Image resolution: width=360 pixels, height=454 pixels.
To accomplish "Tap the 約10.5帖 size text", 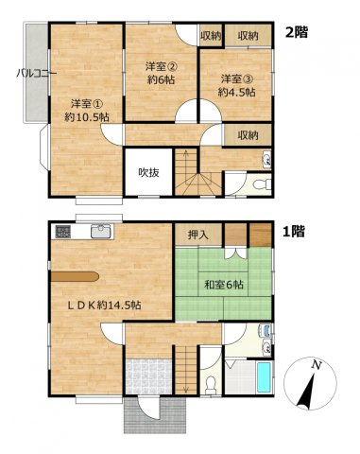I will [x=85, y=118].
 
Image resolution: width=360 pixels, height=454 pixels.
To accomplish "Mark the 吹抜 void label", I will [x=149, y=172].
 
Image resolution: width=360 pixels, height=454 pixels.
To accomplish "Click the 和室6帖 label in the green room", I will [x=221, y=283].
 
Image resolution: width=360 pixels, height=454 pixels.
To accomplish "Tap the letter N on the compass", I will [x=317, y=364].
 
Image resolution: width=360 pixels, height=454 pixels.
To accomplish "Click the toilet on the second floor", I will [x=265, y=183].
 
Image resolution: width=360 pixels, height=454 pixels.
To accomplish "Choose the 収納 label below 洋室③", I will [x=249, y=136].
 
